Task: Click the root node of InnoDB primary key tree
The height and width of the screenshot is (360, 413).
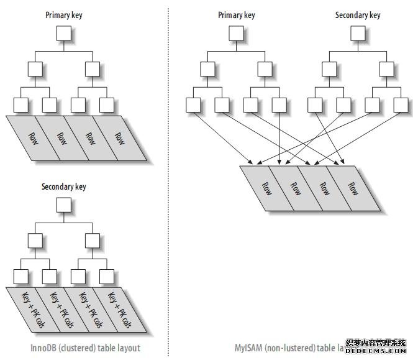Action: pos(64,33)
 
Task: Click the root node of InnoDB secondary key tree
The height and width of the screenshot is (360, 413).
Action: pos(64,204)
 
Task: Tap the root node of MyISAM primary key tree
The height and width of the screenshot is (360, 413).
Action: pos(237,33)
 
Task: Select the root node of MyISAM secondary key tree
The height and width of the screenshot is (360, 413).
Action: pos(357,33)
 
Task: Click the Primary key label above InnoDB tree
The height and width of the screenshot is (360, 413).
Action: pos(64,14)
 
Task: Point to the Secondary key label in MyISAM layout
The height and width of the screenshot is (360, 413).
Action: pos(357,14)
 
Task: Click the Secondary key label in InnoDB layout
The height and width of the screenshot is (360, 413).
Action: pos(64,187)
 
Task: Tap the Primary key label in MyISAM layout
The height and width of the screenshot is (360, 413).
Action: pos(237,14)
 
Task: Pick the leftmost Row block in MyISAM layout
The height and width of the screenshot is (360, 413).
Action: pos(266,188)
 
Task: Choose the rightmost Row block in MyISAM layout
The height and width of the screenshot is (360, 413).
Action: pos(352,188)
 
